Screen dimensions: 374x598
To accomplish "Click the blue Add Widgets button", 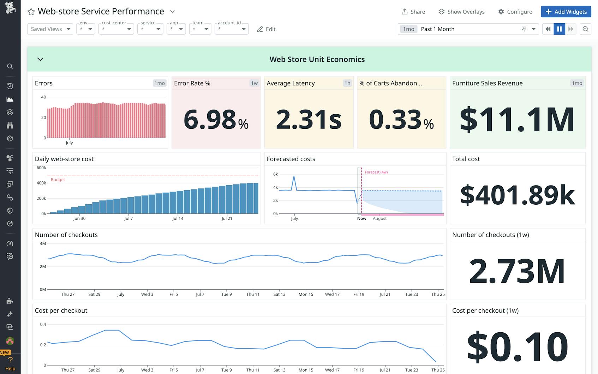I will [566, 12].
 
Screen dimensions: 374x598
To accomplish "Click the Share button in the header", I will [413, 12].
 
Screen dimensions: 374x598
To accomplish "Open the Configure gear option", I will [515, 12].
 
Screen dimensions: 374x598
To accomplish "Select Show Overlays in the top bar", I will [461, 12].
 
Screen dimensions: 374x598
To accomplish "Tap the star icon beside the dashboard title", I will [31, 12].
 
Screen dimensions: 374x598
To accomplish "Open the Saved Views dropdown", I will [50, 29].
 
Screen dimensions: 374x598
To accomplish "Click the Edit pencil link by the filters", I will [266, 29].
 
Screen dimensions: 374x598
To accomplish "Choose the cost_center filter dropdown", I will [116, 29].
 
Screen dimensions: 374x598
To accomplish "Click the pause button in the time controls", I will [559, 29].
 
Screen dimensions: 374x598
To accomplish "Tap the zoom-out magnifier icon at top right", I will [585, 29].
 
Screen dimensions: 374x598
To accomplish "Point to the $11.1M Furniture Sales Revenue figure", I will [517, 120].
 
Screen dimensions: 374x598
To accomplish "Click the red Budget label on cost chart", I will [58, 180].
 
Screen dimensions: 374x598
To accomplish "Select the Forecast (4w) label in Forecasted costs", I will [376, 172].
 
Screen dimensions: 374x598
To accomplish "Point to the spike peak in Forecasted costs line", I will [294, 176].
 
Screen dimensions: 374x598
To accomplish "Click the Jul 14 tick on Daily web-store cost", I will [178, 218].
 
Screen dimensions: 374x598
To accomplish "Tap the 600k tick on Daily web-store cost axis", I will [41, 168].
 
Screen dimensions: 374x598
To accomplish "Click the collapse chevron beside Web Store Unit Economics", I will [40, 59].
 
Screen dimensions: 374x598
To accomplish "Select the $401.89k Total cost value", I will [517, 195].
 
